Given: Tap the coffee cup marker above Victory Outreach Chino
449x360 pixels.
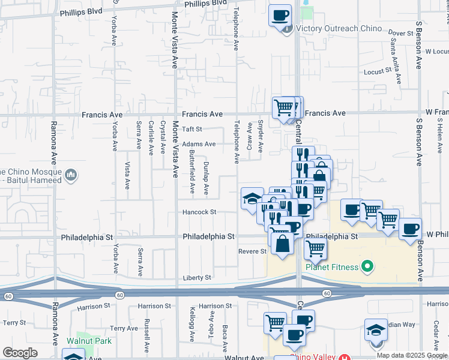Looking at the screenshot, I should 279,15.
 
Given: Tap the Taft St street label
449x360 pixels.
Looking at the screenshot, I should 192,129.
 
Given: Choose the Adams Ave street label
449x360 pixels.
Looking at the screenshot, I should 199,144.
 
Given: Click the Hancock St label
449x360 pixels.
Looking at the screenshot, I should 200,212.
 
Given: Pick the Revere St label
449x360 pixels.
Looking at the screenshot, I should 252,251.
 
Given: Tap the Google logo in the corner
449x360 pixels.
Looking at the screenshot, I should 20,353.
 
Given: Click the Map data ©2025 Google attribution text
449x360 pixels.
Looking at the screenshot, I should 412,355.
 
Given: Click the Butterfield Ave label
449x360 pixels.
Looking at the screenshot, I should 191,172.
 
